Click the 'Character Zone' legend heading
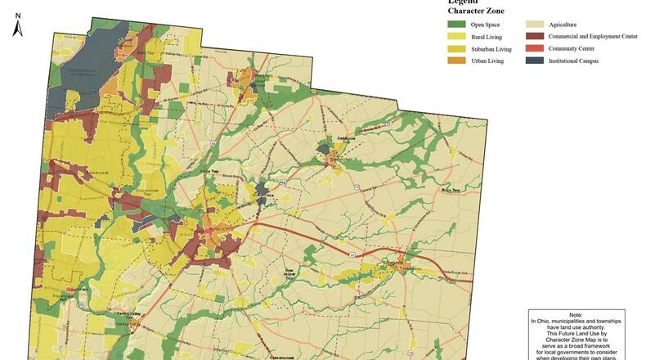coord(477,11)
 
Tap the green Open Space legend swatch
coord(457,25)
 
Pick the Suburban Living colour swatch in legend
coord(457,49)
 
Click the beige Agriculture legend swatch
coord(536,25)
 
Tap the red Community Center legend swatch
coord(536,49)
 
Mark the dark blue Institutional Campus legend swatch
coord(536,61)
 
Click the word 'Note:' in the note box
coord(576,315)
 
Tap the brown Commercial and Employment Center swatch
coord(536,37)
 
